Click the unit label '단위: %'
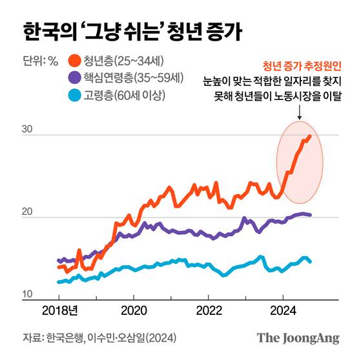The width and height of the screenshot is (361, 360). coord(40,62)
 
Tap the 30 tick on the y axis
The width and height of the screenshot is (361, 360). coord(26,130)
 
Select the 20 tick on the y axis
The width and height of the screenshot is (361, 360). coord(26,212)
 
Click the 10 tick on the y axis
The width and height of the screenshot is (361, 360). coord(26,295)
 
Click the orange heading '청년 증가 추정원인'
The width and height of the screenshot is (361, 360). coord(302,66)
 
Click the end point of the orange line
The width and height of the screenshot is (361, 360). coord(310,136)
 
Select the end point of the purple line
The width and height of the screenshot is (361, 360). coord(311,215)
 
